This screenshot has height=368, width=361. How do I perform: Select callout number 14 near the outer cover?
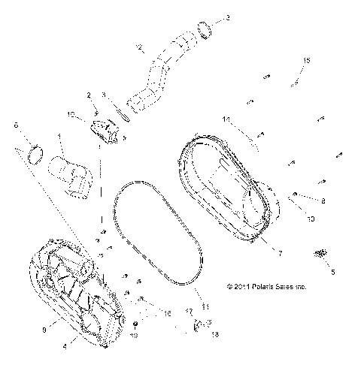click(225, 119)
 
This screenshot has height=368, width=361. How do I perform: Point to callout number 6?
click(16, 125)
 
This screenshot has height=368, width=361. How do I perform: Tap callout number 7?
click(279, 255)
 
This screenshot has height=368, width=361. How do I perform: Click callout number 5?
click(333, 272)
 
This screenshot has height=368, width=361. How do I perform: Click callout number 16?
click(168, 312)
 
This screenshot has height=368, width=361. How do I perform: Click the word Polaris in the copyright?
click(256, 287)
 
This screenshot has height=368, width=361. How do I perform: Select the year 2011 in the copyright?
click(233, 287)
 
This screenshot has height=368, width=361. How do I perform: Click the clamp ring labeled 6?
click(34, 155)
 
